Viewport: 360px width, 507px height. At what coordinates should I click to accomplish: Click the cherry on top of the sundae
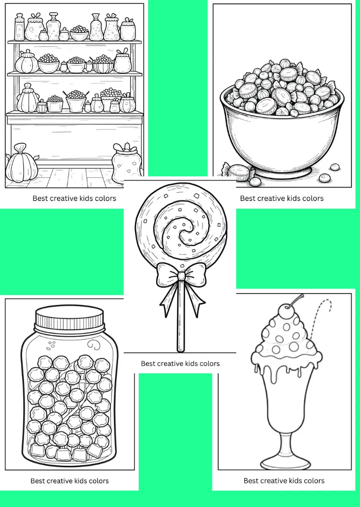click(285, 311)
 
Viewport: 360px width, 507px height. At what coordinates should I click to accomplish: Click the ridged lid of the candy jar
click(69, 317)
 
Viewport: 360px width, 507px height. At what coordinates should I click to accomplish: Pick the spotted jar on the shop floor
click(127, 163)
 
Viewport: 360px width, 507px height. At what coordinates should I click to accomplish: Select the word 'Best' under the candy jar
click(37, 481)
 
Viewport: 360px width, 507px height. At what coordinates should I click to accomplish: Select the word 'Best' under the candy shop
click(40, 198)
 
